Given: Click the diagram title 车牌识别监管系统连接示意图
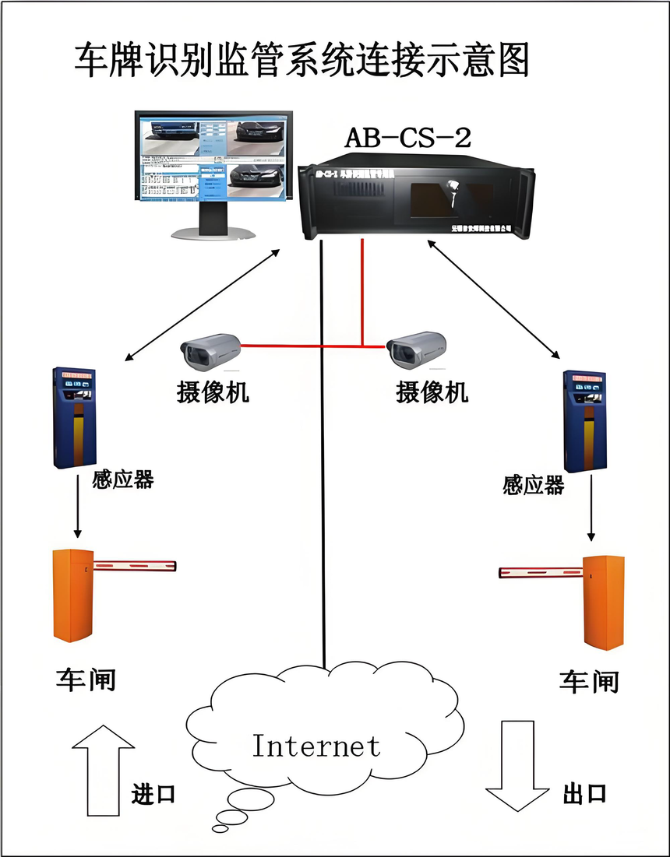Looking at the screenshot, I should point(301,60).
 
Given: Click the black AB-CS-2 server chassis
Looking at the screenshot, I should point(413,199).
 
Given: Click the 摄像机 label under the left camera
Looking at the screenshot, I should point(213,392).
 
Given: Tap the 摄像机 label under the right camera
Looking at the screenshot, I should point(432,392).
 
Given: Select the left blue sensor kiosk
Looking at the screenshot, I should point(73,417).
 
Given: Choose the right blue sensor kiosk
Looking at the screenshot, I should point(586,421).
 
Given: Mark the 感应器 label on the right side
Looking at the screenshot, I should point(533,486).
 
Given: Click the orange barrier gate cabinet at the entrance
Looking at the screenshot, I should point(72,595).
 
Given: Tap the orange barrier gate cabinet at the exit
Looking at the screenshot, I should point(605,601).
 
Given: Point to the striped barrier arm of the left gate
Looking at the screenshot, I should point(135,564).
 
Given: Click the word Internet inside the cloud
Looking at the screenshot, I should point(316,746).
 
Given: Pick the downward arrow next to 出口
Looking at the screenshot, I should point(517,765).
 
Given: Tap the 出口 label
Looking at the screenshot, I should point(584,794).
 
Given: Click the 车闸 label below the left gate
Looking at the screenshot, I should point(85,679).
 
